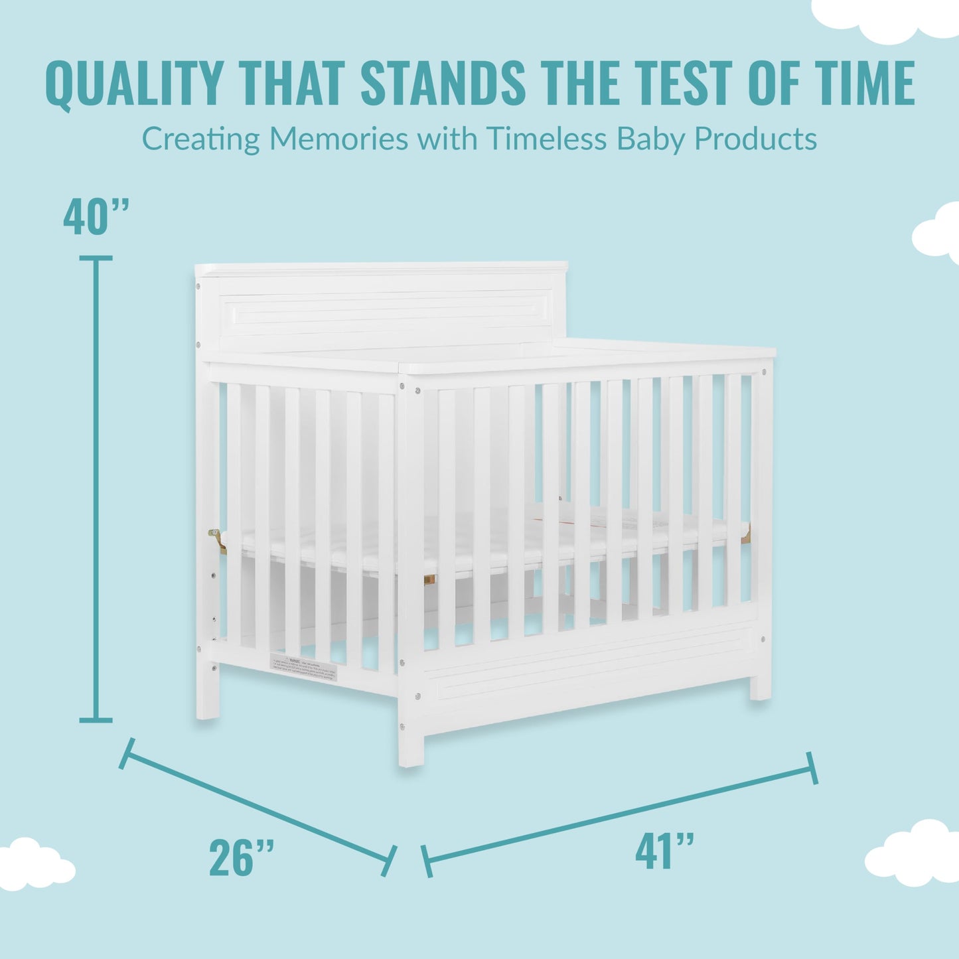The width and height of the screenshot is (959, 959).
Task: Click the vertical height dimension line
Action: (96, 488)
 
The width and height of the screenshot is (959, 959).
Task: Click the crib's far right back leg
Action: (761, 687)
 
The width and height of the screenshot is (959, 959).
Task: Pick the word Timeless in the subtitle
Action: (546, 139)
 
